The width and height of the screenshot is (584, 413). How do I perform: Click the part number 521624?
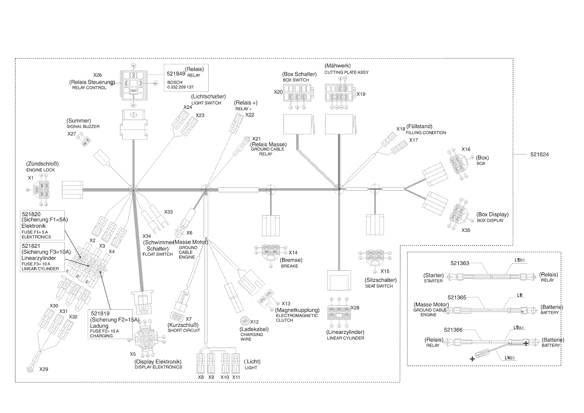539,155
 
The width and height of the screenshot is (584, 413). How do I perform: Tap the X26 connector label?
97,75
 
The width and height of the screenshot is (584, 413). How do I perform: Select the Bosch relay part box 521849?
186,78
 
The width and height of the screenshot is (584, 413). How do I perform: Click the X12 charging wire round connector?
244,321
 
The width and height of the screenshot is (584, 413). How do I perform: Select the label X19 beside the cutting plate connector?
361,94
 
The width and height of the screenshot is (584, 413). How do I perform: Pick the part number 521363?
459,263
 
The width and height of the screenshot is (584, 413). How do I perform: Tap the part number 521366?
453,330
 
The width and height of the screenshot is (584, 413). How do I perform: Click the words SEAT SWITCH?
379,286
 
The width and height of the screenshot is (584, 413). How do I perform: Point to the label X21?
256,139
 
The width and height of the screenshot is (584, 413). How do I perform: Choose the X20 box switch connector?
296,93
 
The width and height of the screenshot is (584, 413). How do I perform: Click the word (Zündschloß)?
42,164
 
